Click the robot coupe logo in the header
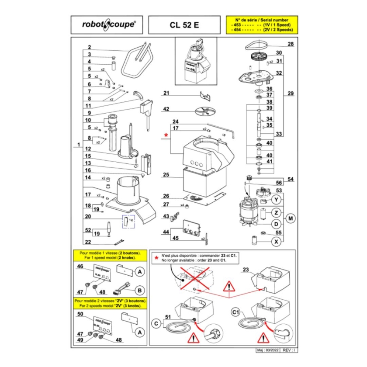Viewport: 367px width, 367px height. [x=109, y=25]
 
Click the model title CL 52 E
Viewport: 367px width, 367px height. [x=184, y=25]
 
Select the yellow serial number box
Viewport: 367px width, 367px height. [x=261, y=25]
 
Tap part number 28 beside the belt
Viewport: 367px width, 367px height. [x=290, y=44]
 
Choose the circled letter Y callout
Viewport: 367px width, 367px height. [x=276, y=200]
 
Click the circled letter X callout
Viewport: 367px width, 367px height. [x=276, y=242]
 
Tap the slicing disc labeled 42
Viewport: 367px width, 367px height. [x=204, y=111]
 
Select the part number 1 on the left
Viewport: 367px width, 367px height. [x=78, y=145]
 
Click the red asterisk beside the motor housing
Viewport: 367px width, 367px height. [x=166, y=135]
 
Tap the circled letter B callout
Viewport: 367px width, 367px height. [x=139, y=289]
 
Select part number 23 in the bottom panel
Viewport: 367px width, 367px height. [x=245, y=270]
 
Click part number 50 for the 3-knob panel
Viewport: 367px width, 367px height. [x=80, y=314]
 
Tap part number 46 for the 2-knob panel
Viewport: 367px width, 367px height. [x=80, y=266]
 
